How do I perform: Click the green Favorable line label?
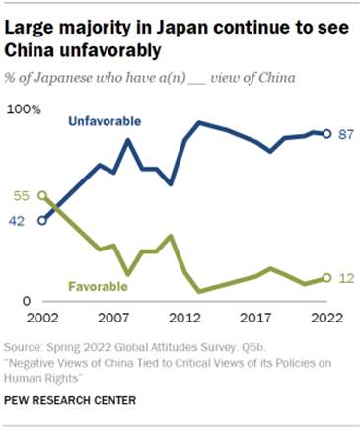pos(98,286)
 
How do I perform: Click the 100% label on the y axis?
pos(23,110)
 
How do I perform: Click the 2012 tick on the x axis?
pos(184,318)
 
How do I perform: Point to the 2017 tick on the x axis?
pos(256,318)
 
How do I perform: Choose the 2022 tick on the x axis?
pos(326,318)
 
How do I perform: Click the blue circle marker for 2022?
pos(327,134)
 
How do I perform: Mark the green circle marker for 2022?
pos(327,278)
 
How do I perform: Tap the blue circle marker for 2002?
pos(41,221)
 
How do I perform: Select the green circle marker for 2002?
pos(41,196)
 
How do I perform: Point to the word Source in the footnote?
pos(24,348)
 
